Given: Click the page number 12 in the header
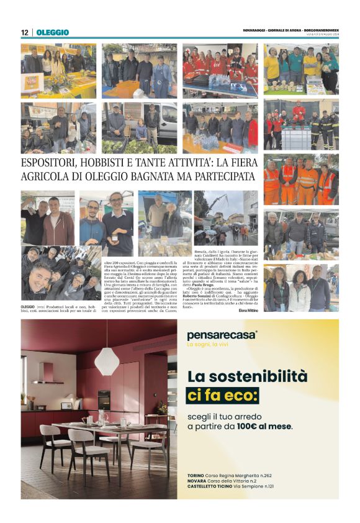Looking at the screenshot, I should click(25, 32).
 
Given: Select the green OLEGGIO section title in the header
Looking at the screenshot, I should click(53, 32).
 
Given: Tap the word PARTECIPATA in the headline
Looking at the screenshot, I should click(222, 178).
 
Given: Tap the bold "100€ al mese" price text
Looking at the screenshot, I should click(266, 427).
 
